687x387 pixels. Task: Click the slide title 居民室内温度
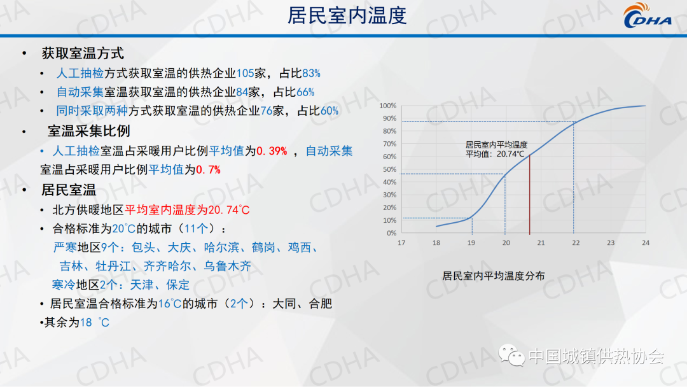(x=347, y=16)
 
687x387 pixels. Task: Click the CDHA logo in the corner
(x=647, y=16)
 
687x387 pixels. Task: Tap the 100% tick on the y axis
(x=388, y=106)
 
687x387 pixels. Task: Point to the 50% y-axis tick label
(x=389, y=169)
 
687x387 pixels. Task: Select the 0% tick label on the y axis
(x=391, y=233)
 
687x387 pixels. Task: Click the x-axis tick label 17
(x=401, y=243)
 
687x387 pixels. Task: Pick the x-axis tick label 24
(x=646, y=243)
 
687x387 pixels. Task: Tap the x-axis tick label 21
(x=541, y=243)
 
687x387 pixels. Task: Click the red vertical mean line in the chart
(x=529, y=195)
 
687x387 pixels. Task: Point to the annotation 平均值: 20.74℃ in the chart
(x=495, y=154)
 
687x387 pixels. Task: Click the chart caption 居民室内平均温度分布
(x=494, y=276)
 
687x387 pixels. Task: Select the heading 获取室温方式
(x=83, y=53)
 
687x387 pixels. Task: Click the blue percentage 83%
(x=311, y=73)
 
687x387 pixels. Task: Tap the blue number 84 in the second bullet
(x=242, y=92)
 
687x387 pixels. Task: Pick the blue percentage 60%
(x=330, y=111)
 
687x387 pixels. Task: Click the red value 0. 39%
(x=272, y=151)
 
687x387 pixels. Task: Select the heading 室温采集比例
(x=89, y=131)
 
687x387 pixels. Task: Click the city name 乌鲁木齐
(x=227, y=266)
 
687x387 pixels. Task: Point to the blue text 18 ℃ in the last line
(x=95, y=323)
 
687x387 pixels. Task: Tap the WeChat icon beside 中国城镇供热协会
(x=511, y=355)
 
